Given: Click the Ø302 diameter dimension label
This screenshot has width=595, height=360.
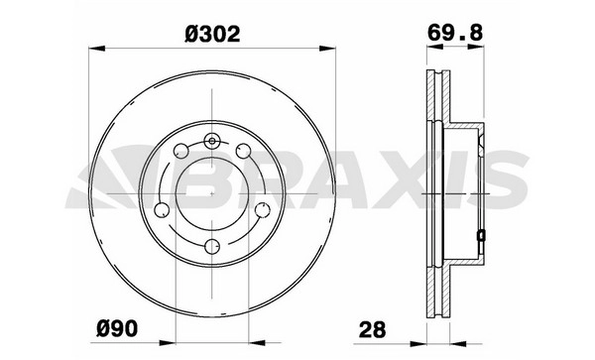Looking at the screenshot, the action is pos(212,34).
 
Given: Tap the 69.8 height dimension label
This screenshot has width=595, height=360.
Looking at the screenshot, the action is pos(455,33).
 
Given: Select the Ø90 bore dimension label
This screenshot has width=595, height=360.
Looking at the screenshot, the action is pos(116,328).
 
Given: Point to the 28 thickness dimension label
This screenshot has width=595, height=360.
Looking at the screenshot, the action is pos(372,329).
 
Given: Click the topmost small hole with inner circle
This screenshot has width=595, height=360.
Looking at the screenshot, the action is pos(212,141).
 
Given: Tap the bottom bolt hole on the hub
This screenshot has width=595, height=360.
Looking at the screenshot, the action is pos(212,247).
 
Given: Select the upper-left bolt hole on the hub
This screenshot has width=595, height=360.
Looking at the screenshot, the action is pos(181,151).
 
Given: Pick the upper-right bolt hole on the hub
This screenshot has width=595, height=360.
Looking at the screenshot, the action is pos(243,151).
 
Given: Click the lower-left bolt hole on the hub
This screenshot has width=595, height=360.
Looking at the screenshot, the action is pos(162,210).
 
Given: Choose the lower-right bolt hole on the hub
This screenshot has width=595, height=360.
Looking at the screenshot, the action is pos(262,210).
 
